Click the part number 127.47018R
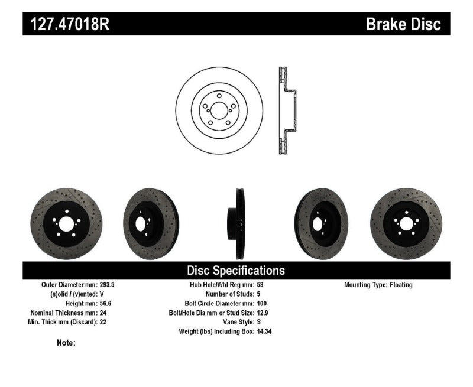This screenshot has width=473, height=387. [x=66, y=24]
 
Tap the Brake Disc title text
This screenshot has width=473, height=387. [x=403, y=24]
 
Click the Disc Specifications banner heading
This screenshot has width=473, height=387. [x=236, y=271]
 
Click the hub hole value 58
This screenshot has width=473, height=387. [x=261, y=285]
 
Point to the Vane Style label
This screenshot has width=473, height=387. [x=236, y=322]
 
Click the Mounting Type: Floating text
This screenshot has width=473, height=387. [x=378, y=285]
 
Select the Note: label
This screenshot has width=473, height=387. [x=66, y=343]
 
